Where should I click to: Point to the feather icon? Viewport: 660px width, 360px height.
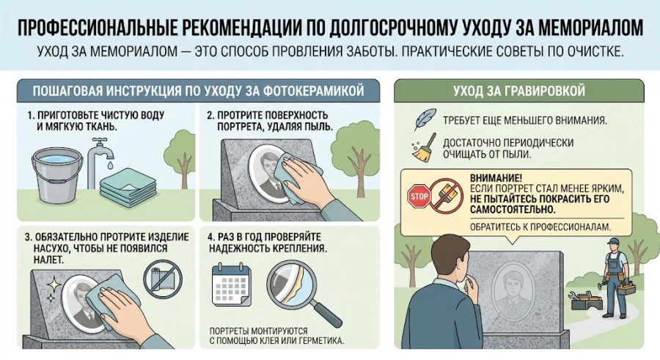point(425,119)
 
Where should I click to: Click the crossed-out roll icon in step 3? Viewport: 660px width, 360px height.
point(161,280)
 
